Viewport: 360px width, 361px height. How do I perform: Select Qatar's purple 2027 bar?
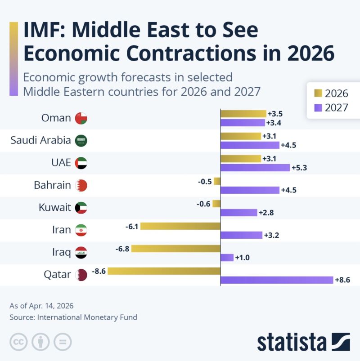[x=276, y=280]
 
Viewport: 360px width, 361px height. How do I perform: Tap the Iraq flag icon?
[x=81, y=253]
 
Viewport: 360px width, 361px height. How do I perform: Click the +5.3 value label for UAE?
[x=300, y=168]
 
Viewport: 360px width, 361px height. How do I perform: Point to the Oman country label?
[x=56, y=118]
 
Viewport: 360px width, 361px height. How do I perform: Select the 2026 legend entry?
[x=331, y=93]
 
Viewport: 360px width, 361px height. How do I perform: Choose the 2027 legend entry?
[x=331, y=107]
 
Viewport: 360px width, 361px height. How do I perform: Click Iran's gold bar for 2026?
[x=180, y=226]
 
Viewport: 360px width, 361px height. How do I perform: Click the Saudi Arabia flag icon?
[x=81, y=141]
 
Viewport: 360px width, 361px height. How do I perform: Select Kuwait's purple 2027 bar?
[x=238, y=213]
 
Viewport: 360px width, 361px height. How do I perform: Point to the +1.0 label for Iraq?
[x=243, y=258]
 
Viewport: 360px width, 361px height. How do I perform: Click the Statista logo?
[x=303, y=342]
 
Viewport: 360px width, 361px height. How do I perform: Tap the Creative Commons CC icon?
[x=18, y=342]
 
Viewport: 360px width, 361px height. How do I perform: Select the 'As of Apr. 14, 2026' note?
[x=41, y=306]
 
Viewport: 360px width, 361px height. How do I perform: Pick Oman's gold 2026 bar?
[x=243, y=114]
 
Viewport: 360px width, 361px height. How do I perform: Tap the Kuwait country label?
[x=55, y=208]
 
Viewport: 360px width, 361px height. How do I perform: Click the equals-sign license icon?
[x=63, y=342]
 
